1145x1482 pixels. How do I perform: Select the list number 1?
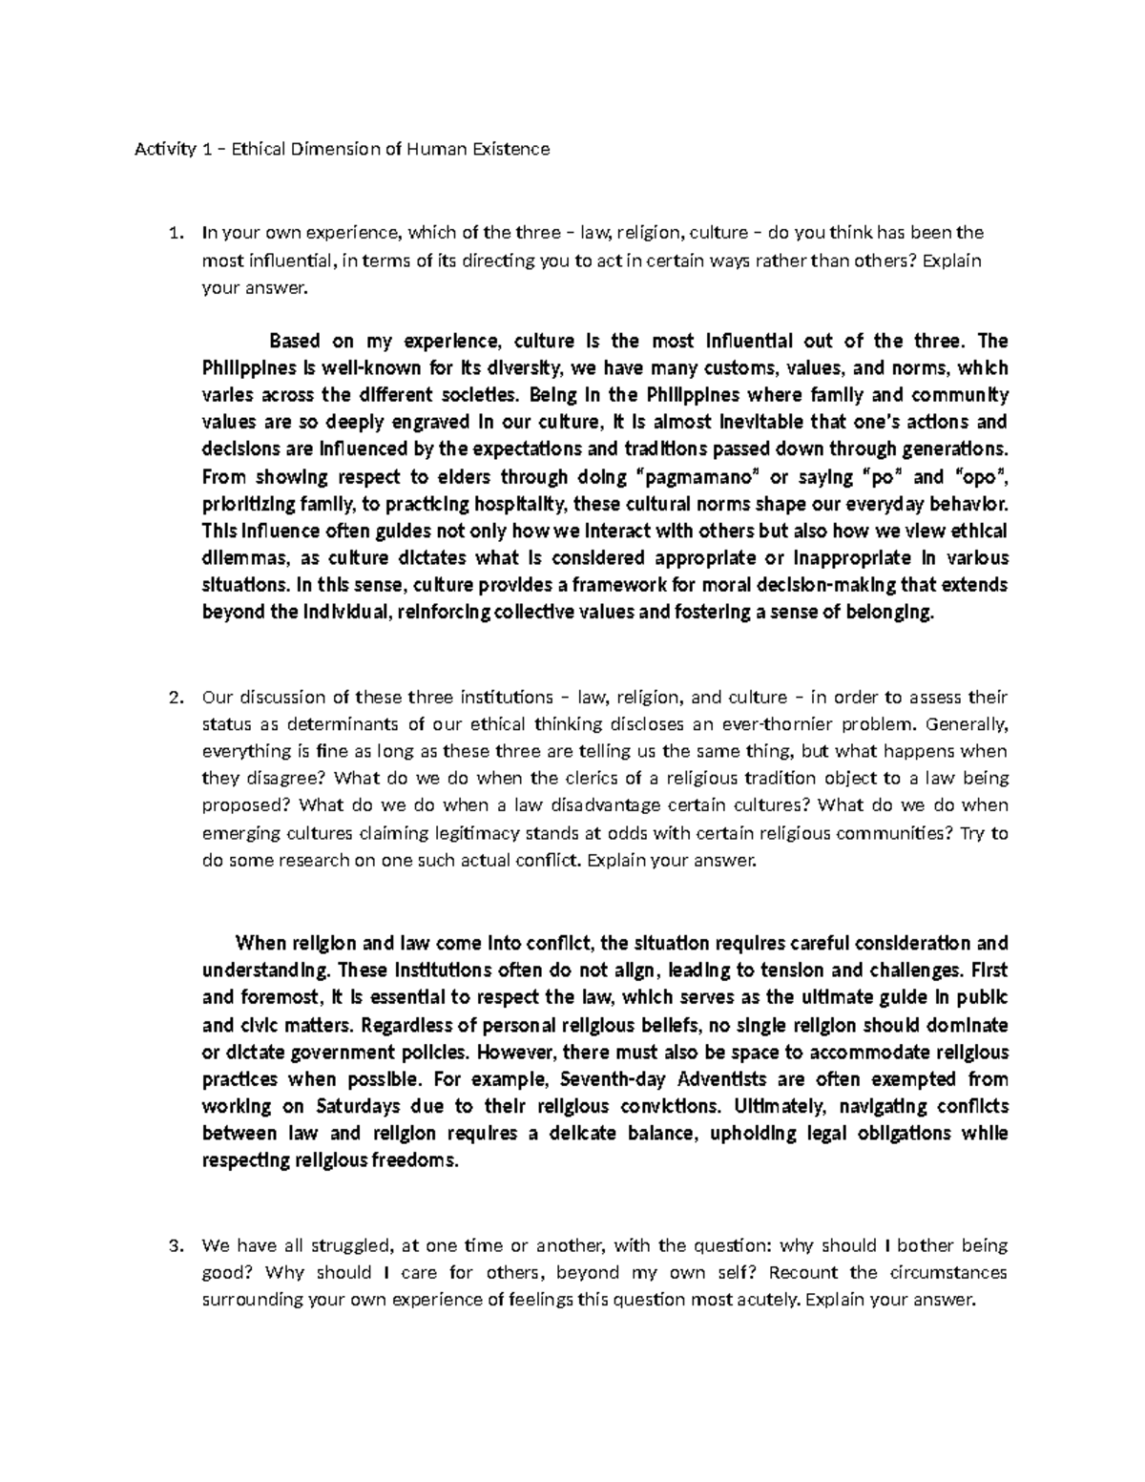click(x=173, y=232)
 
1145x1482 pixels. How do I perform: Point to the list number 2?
click(x=173, y=698)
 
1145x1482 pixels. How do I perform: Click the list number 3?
click(x=173, y=1245)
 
